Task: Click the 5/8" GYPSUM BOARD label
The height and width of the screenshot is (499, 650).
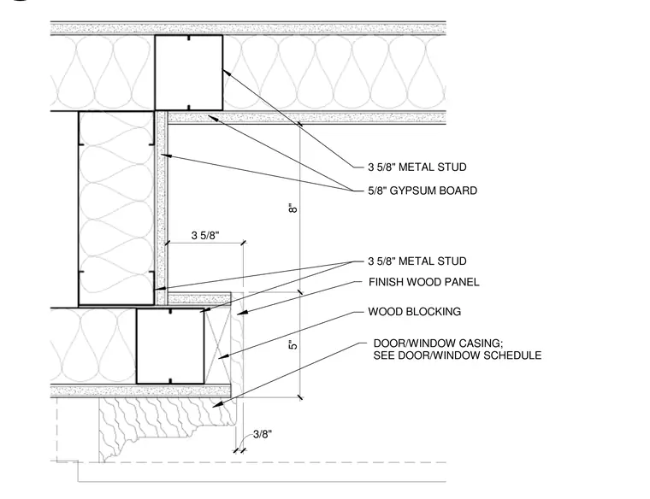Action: [x=422, y=191]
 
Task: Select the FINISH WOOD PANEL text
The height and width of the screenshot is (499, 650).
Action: [x=423, y=282]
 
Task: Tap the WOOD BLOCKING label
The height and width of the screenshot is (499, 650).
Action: [x=415, y=311]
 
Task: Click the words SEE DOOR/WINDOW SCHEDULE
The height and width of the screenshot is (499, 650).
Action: [x=458, y=355]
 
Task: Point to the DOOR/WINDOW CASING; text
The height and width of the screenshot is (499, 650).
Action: [x=438, y=343]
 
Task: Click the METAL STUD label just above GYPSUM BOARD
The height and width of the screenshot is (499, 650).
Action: [x=417, y=167]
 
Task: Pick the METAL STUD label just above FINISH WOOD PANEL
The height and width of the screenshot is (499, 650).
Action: [x=417, y=261]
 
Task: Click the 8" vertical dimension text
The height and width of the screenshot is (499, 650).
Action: [x=293, y=208]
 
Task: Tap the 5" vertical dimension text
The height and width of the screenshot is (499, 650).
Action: [x=293, y=344]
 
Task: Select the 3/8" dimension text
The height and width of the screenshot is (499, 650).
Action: [x=263, y=434]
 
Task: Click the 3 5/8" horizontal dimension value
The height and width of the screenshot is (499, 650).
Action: [x=205, y=235]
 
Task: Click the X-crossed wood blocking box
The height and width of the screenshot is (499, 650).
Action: [x=217, y=345]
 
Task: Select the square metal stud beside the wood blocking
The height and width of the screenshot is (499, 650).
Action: [x=170, y=345]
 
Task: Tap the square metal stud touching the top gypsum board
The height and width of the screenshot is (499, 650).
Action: [x=189, y=73]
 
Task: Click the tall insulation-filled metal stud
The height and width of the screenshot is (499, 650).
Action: [x=116, y=208]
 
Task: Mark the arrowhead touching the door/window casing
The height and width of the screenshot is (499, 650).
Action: [x=217, y=405]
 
